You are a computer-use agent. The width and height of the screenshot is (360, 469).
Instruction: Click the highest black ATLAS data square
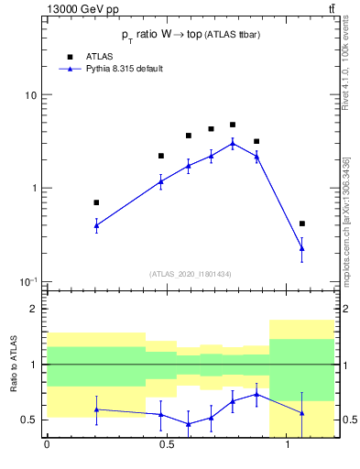[233, 125]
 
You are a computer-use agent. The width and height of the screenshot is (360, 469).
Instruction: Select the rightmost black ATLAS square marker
[302, 224]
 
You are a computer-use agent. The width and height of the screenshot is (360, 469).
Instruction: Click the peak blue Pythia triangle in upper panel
[233, 143]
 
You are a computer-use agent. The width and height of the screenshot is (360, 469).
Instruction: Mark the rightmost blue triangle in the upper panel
[302, 248]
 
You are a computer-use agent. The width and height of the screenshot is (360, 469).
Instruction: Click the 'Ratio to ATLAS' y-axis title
[12, 365]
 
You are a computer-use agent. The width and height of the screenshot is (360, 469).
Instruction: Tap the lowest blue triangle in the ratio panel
[189, 424]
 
